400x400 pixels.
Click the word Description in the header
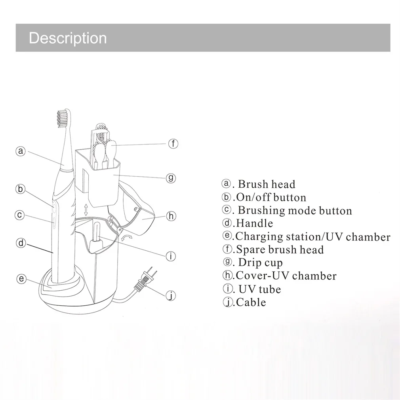(68, 38)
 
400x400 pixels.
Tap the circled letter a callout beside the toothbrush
(21, 151)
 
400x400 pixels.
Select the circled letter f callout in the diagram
(173, 143)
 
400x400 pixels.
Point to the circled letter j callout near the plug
(170, 295)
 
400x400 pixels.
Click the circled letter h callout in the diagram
(171, 216)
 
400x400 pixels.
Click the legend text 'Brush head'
(266, 184)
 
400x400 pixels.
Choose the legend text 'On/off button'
(271, 197)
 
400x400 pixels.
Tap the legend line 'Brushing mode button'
(294, 210)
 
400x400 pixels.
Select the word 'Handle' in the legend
(254, 223)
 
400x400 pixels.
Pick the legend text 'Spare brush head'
(280, 250)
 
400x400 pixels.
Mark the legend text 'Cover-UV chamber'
(286, 276)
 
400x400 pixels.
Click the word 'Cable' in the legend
(251, 302)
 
